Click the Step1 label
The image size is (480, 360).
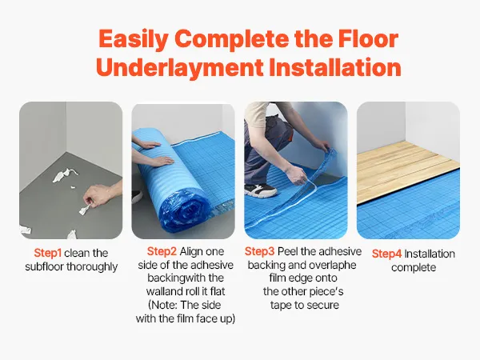48,253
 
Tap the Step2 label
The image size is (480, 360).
162,252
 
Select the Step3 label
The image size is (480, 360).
259,252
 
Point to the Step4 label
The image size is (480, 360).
386,254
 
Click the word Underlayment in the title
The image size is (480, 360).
180,67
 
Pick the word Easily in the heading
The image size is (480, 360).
134,39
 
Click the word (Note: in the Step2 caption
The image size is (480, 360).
162,306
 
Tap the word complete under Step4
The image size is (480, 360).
414,268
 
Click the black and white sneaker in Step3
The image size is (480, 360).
260,190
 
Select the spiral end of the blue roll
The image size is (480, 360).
182,211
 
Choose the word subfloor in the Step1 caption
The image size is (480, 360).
44,266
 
